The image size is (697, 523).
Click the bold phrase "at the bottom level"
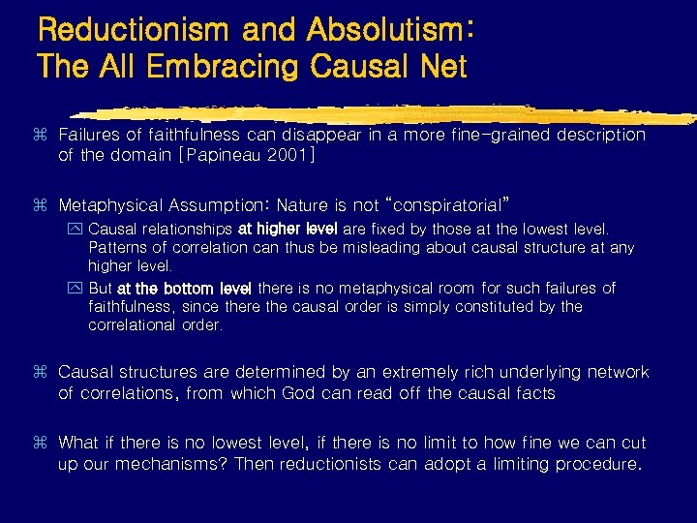click(185, 288)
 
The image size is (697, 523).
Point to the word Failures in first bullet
click(92, 135)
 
